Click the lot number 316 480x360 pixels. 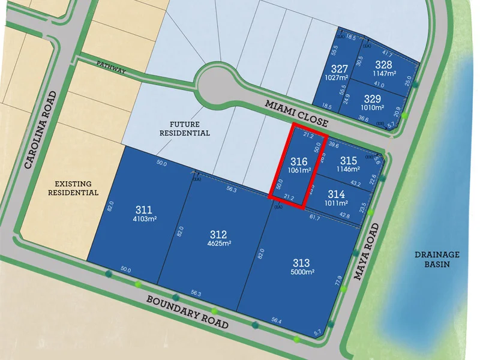click(x=299, y=161)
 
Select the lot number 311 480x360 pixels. click(x=143, y=210)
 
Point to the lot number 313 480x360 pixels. click(x=301, y=263)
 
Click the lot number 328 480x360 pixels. click(x=383, y=65)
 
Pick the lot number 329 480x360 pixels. click(x=373, y=98)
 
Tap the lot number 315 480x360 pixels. click(x=348, y=161)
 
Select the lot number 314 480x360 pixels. click(x=337, y=194)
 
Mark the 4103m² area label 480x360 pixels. click(x=144, y=219)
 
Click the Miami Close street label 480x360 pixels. click(x=296, y=113)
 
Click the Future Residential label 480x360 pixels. click(x=185, y=128)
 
